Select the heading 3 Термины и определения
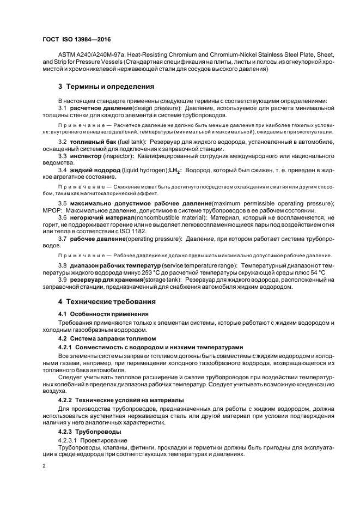tap(106, 86)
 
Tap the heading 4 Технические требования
tap(107, 301)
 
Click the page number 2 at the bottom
tap(44, 465)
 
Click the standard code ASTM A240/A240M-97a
tap(89, 54)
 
